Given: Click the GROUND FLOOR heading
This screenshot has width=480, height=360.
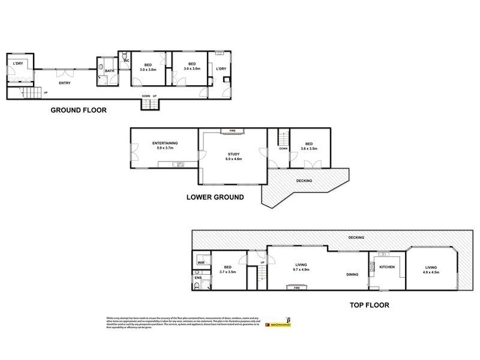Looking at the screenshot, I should (78, 110).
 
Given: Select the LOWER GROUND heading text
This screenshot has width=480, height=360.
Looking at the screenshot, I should (214, 196).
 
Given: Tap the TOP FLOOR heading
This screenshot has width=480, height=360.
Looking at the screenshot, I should (370, 305).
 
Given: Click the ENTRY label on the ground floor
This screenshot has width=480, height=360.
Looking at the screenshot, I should (65, 83).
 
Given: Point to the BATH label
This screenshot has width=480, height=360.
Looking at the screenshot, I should (109, 71).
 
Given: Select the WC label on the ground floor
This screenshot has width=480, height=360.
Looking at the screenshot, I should (127, 61).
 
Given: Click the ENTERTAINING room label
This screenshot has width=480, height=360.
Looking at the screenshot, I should (164, 142).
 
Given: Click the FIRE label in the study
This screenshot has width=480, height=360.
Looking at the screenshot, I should (232, 130).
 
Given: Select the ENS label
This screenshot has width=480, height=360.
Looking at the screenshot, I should (198, 277).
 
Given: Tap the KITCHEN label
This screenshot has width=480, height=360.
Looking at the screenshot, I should (386, 266).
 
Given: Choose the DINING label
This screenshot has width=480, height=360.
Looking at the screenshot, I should (352, 275).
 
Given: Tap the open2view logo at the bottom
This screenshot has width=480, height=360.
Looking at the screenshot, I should (277, 325).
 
